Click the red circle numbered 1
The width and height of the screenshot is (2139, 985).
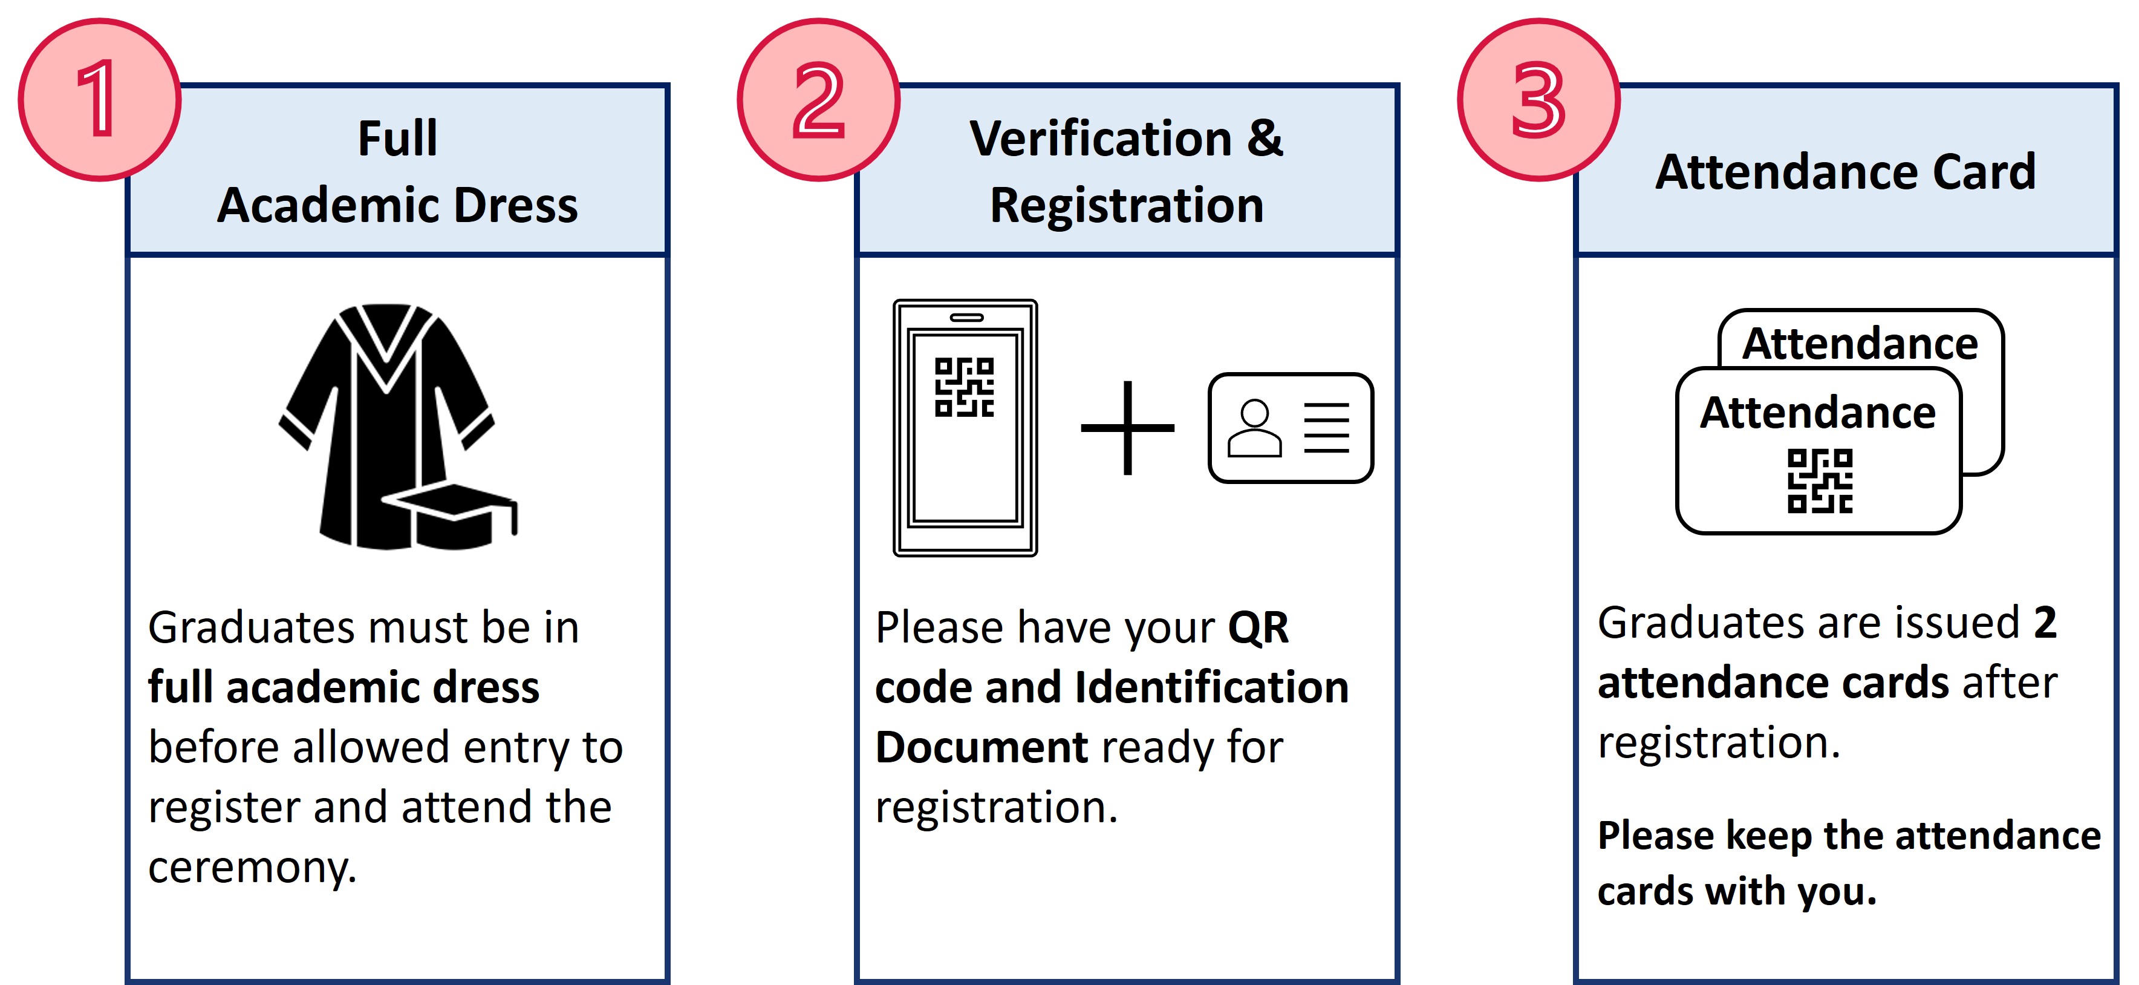click(100, 100)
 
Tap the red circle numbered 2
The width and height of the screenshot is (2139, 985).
click(819, 100)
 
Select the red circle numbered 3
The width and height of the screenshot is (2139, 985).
click(1538, 100)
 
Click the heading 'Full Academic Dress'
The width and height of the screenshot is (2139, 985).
click(398, 171)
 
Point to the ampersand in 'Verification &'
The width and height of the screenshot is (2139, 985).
click(1265, 138)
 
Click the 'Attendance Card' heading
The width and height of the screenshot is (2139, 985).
click(1845, 172)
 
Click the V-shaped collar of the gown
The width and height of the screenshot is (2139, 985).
click(386, 349)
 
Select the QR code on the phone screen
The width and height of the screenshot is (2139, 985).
click(964, 387)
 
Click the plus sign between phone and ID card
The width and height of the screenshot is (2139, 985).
click(1128, 428)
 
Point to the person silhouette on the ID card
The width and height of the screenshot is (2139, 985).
click(1255, 428)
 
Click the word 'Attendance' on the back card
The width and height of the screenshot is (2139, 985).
click(1860, 343)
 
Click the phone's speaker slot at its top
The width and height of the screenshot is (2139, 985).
click(966, 317)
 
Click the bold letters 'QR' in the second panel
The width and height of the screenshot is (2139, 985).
click(1258, 628)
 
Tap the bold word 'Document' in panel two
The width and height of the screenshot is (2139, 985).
click(982, 747)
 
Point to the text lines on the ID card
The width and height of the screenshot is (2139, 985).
click(1327, 428)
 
